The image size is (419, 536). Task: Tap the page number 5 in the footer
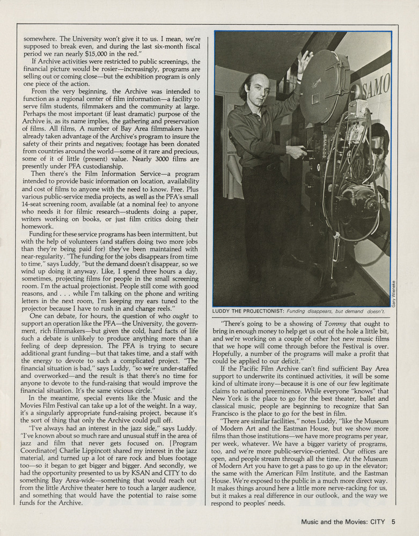click(393, 520)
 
